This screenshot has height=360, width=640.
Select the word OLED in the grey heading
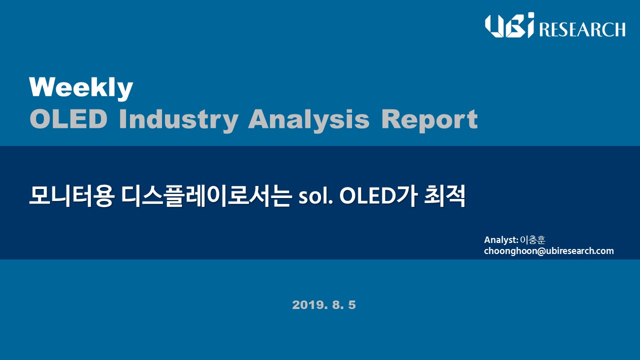68,119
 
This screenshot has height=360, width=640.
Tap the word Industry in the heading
178,120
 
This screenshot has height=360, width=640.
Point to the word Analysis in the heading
309,120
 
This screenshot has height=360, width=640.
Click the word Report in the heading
429,120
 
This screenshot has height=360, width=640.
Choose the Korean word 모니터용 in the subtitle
71,196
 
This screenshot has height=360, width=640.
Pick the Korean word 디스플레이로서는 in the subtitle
206,196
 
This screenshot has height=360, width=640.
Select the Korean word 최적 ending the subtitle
444,196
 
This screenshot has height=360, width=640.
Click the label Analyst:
501,240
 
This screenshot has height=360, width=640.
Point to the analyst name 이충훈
533,239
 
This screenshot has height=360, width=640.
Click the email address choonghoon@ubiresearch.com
549,251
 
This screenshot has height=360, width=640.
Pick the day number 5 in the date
352,305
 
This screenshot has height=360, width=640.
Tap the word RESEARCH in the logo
582,29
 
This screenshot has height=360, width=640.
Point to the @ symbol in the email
541,251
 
